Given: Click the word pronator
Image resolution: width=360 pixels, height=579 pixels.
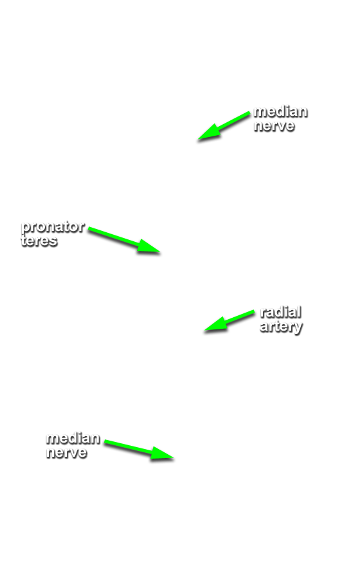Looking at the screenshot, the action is point(52,226).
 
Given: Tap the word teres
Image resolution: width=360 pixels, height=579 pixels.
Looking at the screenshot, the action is point(39,241).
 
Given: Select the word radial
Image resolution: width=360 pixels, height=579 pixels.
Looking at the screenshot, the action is point(281,312).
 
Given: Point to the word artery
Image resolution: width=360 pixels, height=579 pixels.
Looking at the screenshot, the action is point(281,327).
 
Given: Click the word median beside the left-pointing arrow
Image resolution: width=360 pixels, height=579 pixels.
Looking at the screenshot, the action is point(280,111).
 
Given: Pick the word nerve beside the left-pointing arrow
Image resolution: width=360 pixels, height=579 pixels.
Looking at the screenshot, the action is point(274,125).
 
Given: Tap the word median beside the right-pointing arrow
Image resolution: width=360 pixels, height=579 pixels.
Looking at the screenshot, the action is point(73,438).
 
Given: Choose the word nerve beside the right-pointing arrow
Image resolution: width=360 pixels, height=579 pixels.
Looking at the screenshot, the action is point(66,452).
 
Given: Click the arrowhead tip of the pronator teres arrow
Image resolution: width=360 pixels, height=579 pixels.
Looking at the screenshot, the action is point(159,252).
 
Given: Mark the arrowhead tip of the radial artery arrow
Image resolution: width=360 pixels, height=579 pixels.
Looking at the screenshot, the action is point(204,330).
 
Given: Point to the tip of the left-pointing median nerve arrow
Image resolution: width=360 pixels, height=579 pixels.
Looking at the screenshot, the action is point(198,139).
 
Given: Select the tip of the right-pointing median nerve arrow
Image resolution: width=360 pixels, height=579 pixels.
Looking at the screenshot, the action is point(174,458).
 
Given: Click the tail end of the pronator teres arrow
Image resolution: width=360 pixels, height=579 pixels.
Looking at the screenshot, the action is point(89,229).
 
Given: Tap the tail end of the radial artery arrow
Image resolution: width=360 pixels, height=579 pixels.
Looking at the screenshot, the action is point(254,312).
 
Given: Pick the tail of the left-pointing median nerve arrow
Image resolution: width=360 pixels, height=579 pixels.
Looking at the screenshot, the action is point(249,113).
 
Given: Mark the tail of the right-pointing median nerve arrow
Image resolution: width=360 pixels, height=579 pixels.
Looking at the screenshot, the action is point(105,441).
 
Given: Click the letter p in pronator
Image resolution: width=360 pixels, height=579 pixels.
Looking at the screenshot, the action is point(25,228).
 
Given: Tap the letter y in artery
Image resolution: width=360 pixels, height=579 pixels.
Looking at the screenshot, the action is point(298,328).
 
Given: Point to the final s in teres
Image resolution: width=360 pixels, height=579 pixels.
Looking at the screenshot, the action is point(53,241).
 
